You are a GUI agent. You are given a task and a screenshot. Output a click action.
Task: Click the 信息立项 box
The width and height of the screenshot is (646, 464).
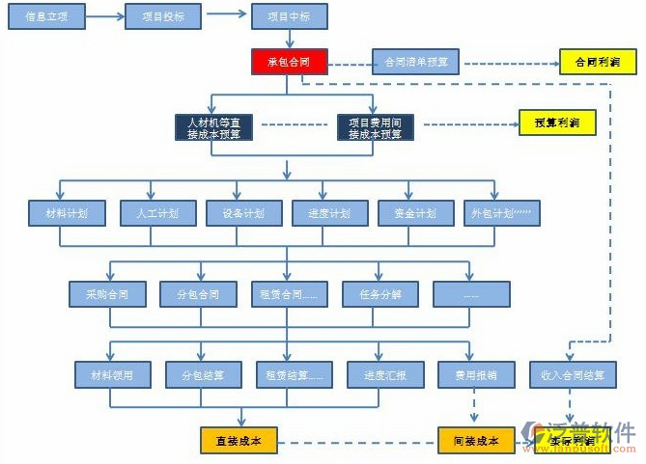[x=46, y=16]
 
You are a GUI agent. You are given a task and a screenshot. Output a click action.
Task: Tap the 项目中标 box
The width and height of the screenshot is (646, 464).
[x=289, y=16]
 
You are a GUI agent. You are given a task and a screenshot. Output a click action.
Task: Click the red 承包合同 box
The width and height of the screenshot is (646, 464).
[x=288, y=64]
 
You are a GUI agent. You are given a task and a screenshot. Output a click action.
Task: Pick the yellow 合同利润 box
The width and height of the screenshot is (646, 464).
[x=598, y=64]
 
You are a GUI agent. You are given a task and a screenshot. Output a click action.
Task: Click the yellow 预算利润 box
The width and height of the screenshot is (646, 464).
[x=557, y=123]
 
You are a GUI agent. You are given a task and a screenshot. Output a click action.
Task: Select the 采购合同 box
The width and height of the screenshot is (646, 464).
[x=106, y=293]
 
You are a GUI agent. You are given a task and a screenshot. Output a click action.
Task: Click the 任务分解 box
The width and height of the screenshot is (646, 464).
[x=379, y=293]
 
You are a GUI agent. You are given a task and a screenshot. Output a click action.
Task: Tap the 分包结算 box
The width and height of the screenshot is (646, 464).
[x=202, y=374]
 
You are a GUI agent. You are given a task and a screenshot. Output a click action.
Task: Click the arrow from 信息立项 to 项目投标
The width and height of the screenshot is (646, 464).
[x=104, y=16]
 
